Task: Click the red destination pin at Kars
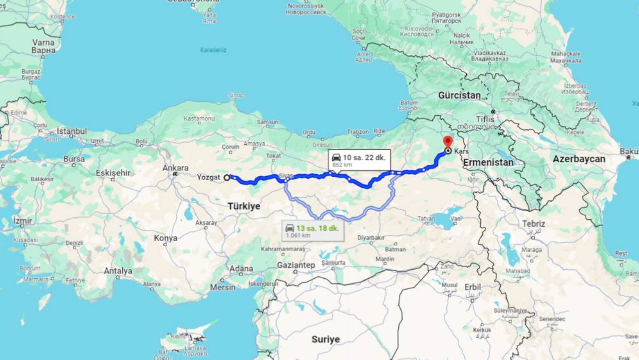(448, 142)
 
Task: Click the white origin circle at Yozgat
(227, 177)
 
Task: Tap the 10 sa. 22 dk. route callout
(359, 160)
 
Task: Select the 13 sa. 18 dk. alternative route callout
(313, 231)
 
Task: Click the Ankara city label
(176, 168)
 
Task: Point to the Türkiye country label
(244, 206)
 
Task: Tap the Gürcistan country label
(459, 95)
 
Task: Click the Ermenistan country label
(488, 162)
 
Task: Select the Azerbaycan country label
(579, 159)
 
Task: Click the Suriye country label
(325, 340)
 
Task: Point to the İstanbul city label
(71, 131)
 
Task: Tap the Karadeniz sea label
(213, 50)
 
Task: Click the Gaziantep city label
(297, 266)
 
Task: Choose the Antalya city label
(118, 271)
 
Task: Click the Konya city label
(165, 238)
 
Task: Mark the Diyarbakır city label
(370, 238)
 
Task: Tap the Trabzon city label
(358, 132)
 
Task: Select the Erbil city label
(472, 287)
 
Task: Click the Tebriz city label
(534, 224)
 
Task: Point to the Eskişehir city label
(113, 173)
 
